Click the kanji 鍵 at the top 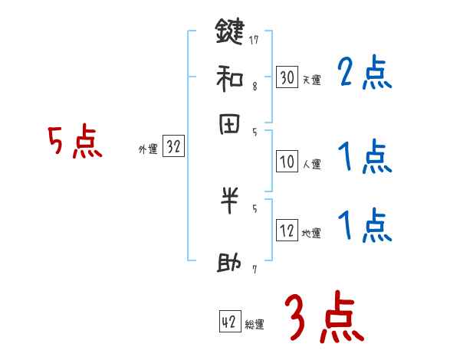pos(229,32)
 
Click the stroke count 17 pos(254,40)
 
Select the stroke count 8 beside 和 pos(254,87)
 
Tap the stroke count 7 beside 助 pos(254,269)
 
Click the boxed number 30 pos(287,77)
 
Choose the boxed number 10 pos(287,162)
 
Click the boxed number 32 pos(173,147)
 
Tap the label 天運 pos(311,80)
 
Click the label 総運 pos(255,325)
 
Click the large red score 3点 pos(324,316)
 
